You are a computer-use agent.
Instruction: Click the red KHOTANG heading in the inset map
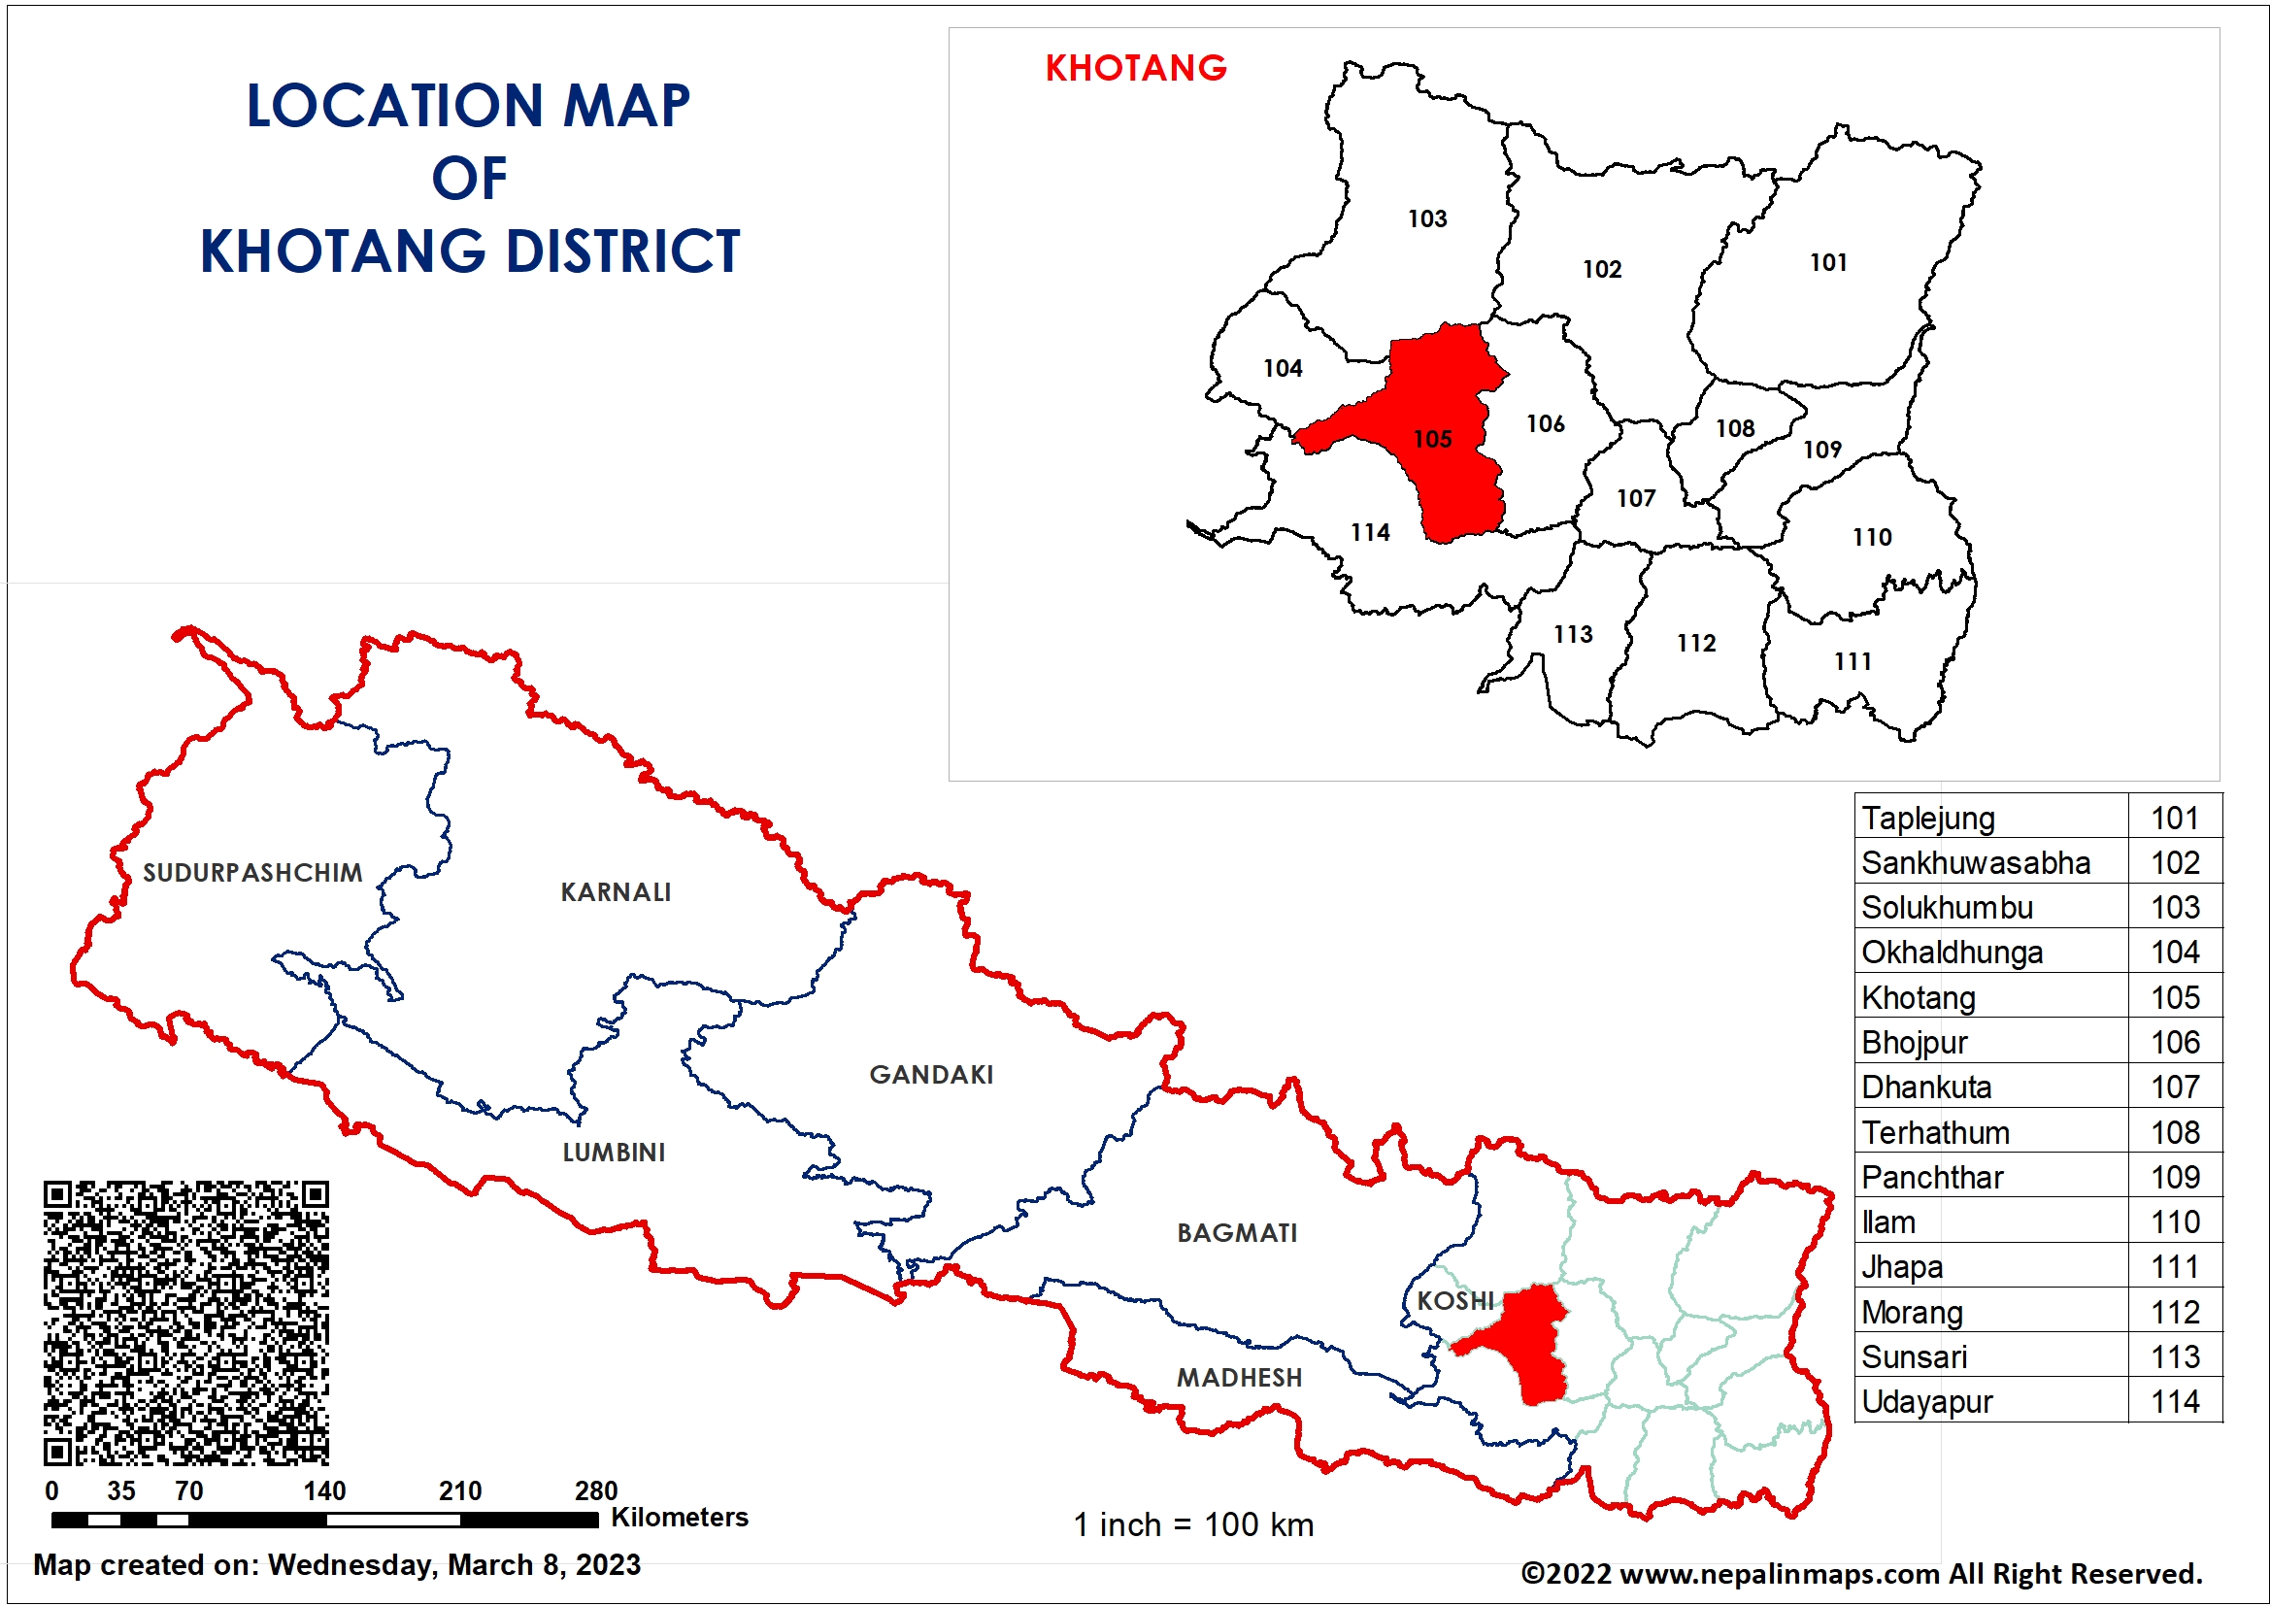(1135, 68)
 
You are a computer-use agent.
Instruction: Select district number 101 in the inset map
(1828, 262)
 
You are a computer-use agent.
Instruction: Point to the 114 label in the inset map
(1370, 532)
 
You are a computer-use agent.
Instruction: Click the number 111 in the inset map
(1853, 661)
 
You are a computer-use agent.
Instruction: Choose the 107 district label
(1635, 498)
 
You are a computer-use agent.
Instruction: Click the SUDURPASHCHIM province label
(252, 873)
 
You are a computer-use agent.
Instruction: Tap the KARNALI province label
(615, 893)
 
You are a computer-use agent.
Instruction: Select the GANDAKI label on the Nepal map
(930, 1075)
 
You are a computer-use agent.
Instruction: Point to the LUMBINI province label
(613, 1154)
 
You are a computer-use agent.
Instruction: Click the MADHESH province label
(1239, 1378)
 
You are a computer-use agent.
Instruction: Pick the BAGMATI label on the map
(1237, 1233)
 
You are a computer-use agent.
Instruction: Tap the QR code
(185, 1322)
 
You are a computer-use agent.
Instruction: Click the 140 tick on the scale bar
(324, 1491)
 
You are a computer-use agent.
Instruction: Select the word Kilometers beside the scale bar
(680, 1518)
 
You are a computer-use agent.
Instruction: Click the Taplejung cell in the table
(1928, 819)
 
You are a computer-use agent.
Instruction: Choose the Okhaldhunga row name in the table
(1952, 954)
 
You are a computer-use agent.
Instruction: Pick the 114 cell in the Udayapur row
(2175, 1402)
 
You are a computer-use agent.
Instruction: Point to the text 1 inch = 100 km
(1193, 1524)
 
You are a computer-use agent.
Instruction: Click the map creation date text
(336, 1565)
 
